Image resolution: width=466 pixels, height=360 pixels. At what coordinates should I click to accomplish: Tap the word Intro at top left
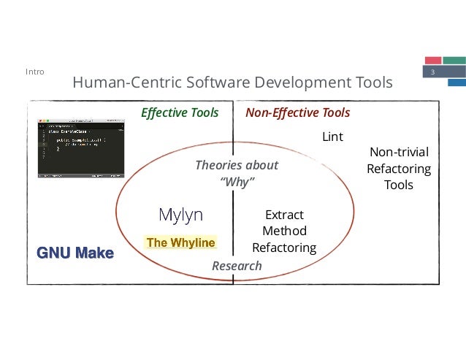(34, 72)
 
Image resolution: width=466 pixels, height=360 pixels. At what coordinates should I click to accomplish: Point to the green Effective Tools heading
(180, 112)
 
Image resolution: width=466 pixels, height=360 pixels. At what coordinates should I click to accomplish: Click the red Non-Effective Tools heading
(297, 112)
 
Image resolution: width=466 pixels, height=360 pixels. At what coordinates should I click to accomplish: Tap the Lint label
(332, 137)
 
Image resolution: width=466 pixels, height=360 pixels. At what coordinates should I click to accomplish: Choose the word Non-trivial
(399, 152)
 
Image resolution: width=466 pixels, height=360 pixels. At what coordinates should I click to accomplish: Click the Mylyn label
(180, 215)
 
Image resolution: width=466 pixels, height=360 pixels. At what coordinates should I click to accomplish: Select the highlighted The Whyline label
(180, 242)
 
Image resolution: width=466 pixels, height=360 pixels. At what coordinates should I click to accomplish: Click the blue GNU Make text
(75, 253)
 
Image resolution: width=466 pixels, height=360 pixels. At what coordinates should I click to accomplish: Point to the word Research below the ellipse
(236, 266)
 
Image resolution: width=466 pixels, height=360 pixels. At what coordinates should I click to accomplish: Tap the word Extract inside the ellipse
(283, 215)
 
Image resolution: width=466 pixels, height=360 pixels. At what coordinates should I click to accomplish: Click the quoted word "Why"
(237, 182)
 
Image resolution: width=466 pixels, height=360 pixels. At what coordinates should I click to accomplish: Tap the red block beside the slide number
(433, 59)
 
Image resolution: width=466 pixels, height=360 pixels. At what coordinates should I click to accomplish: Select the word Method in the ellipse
(283, 231)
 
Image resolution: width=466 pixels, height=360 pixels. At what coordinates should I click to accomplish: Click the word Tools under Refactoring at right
(399, 185)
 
